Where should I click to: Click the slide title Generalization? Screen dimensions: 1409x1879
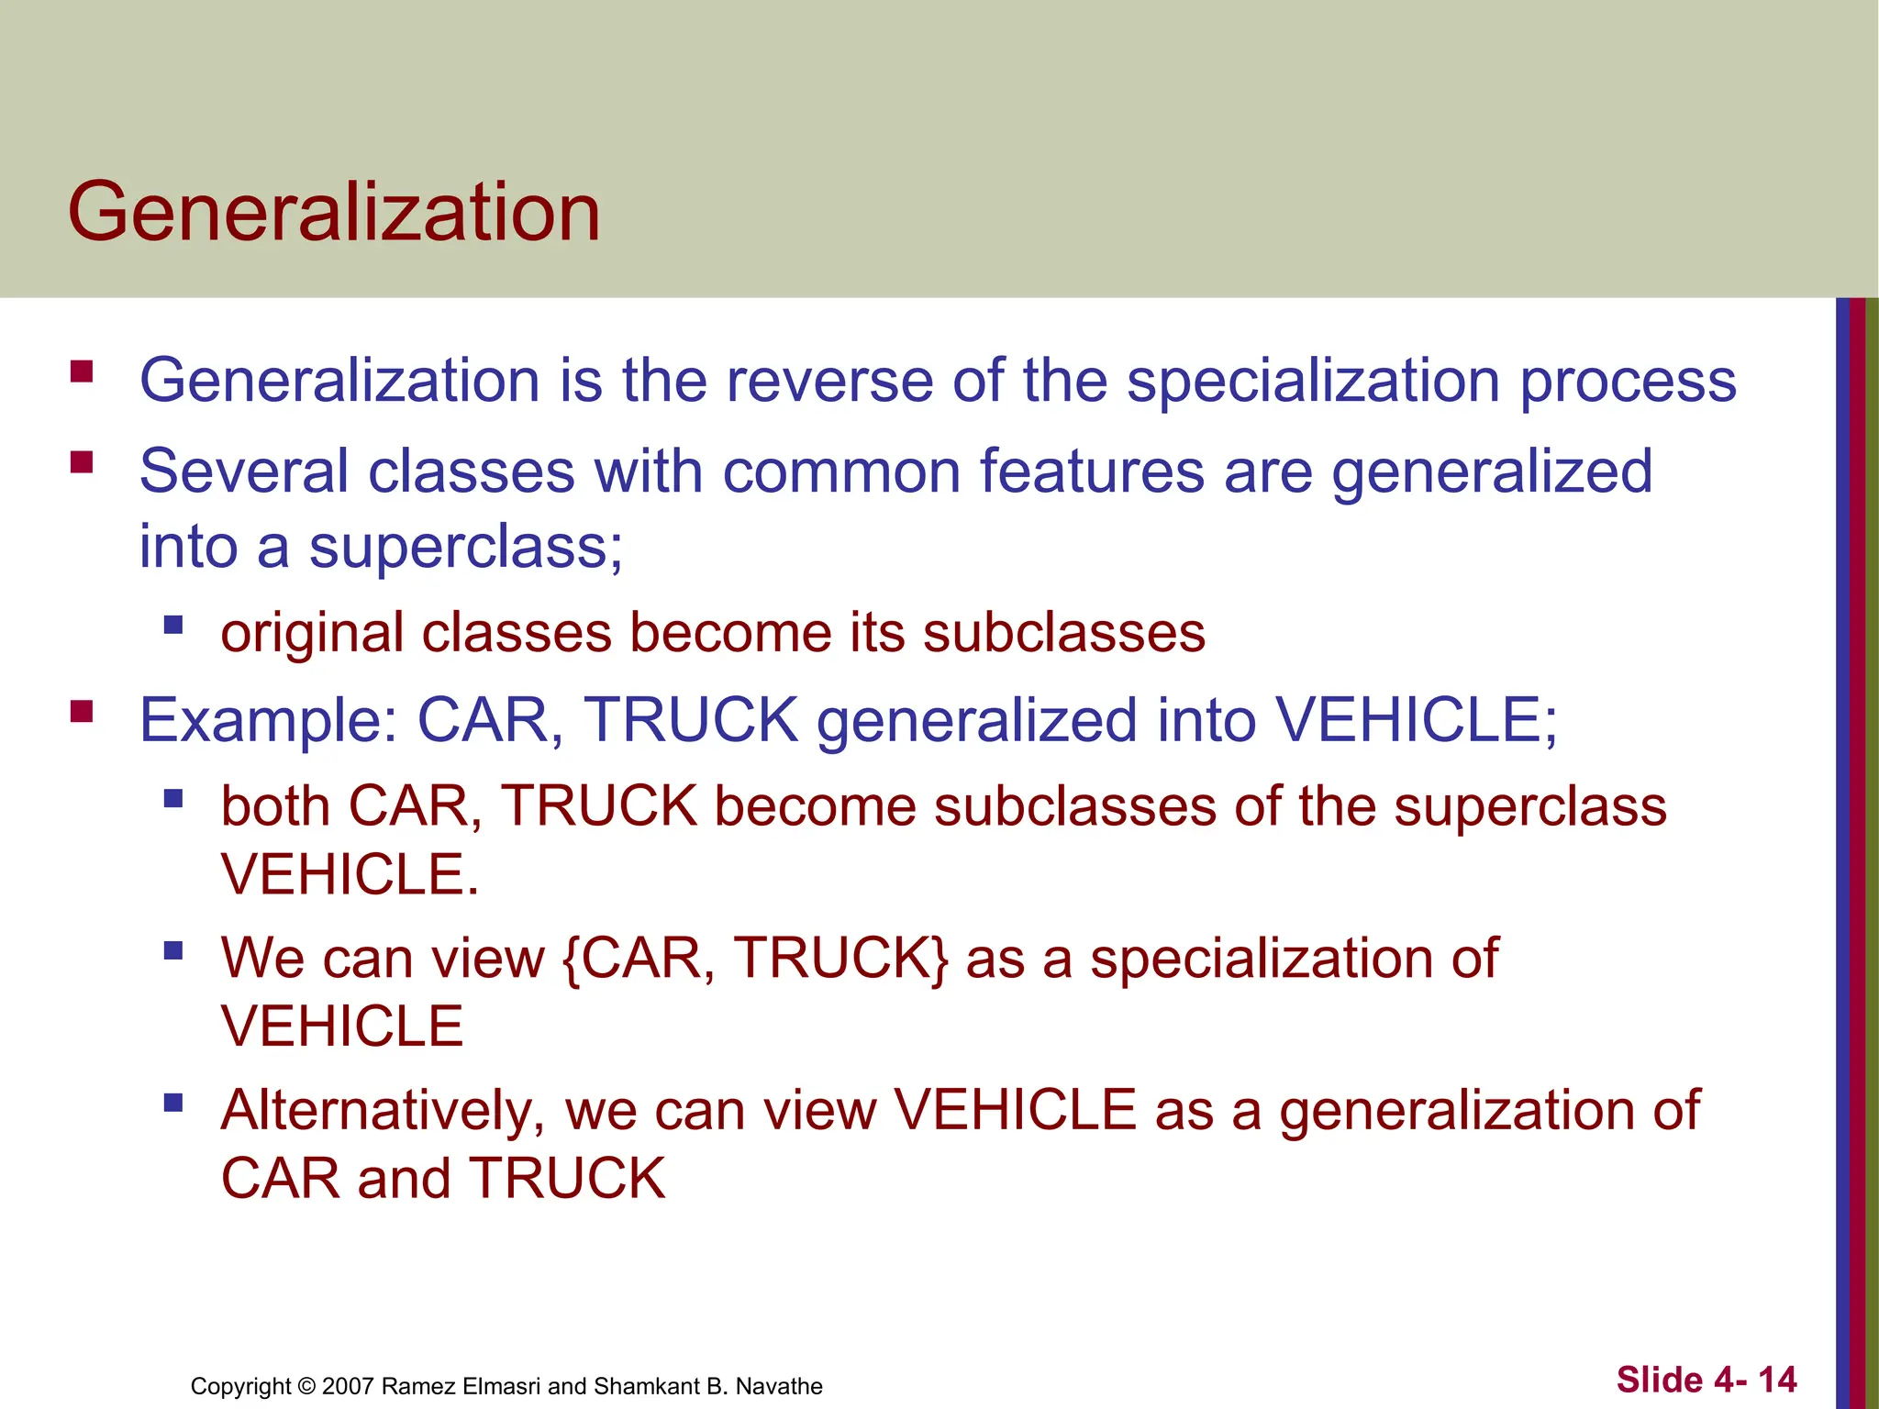coord(334,212)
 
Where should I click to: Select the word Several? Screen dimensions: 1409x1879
coord(243,472)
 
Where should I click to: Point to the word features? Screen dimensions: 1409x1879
coord(1092,472)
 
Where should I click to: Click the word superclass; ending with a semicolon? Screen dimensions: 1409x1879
coord(466,549)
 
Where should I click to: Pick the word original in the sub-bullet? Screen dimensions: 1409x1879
coord(311,634)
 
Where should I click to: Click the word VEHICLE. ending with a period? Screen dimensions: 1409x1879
coord(350,874)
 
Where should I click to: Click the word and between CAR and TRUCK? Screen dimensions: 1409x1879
coord(404,1179)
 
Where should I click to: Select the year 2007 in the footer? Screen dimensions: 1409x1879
coord(348,1386)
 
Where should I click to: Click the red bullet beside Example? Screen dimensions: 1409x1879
coord(82,711)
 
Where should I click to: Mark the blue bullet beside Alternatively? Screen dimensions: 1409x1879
coord(173,1102)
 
